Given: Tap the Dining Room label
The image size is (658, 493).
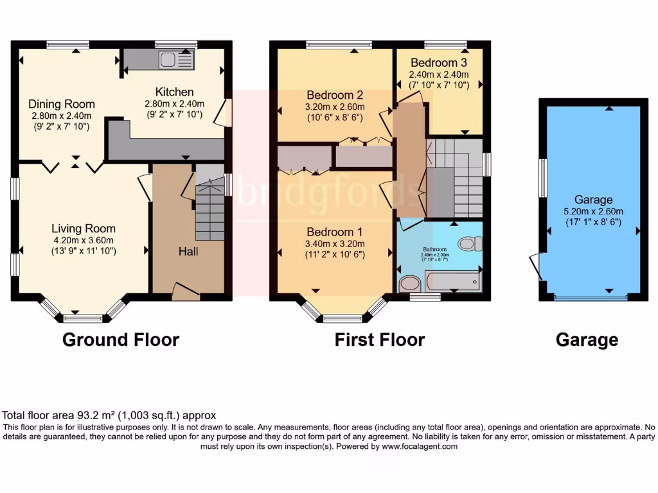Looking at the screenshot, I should [x=62, y=104].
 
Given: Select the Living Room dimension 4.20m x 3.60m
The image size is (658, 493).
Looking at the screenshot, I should [x=84, y=240].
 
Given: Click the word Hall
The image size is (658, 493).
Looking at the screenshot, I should [x=188, y=252].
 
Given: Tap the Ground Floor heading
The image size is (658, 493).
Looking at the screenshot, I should [x=120, y=340].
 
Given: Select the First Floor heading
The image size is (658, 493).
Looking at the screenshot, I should [x=379, y=340].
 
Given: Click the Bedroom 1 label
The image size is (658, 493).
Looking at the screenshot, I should [x=330, y=232].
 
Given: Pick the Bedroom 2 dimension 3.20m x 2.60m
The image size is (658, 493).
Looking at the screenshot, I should [x=335, y=107].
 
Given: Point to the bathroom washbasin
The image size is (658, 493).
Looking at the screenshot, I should [x=409, y=284].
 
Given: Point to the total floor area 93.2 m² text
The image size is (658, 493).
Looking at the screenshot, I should [x=109, y=415].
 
